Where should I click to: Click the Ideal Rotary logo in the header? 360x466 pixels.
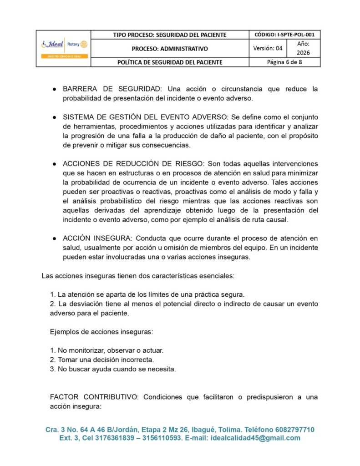point(63,48)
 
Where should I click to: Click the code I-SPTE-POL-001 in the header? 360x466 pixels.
point(284,35)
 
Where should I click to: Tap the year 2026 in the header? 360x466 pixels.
point(303,53)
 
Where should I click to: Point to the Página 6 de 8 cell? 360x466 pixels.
point(284,62)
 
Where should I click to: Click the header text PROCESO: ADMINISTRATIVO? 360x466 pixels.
point(170,48)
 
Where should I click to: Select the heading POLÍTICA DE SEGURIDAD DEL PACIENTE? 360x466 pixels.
point(170,62)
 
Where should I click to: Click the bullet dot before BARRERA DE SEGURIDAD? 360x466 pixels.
point(54,89)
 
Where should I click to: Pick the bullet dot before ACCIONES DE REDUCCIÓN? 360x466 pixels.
point(54,164)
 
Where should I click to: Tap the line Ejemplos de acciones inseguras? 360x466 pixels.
point(101,332)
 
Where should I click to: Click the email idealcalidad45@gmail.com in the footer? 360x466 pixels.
point(254,438)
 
